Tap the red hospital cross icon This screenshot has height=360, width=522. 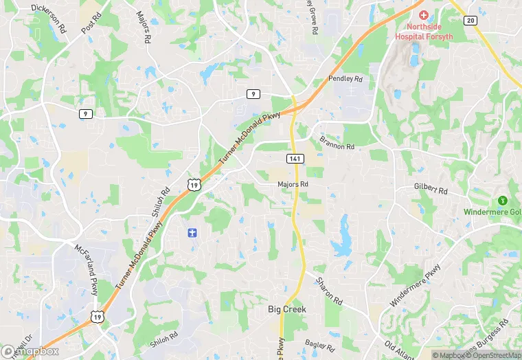pos(422,14)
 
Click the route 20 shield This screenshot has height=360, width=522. pos(470,21)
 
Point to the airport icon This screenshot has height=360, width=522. pos(192,232)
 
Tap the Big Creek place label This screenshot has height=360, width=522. pos(286,310)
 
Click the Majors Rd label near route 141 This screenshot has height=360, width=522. pos(293,184)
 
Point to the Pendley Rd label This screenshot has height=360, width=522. pos(345,79)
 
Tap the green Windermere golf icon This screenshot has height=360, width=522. pos(502,200)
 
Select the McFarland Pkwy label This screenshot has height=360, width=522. pos(86,269)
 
